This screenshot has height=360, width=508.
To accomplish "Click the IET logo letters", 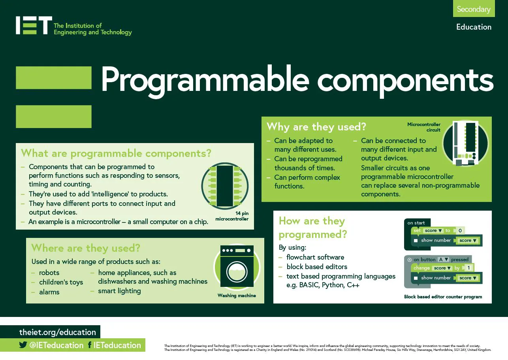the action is coord(34,25).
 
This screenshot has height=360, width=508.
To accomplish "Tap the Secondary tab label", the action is coord(474,9).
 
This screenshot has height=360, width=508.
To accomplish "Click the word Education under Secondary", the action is coord(474,27).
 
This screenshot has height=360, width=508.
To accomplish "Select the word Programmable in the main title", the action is coord(205,81).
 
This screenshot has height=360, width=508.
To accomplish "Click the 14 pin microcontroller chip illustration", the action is coord(225,186).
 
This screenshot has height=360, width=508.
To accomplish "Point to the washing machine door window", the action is coord(237,272).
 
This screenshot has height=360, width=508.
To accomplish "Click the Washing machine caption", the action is coord(237,295).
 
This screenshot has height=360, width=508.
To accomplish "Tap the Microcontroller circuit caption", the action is coord(423,127).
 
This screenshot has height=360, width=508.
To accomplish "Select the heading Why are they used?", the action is coord(316,126).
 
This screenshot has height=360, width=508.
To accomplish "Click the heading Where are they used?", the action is coord(86,248).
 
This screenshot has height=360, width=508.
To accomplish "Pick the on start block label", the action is coord(416,223).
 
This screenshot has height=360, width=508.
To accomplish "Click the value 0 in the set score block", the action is coord(460,230).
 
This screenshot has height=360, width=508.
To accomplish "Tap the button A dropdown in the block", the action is coord(443,259).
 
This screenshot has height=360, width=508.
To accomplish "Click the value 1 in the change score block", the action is coord(469,268).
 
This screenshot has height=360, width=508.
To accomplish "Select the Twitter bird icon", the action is coord(23,345).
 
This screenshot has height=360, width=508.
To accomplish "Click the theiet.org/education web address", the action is coord(58,332).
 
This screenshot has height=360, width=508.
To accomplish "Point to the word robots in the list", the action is coord(49,272).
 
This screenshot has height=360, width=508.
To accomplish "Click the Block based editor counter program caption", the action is coord(443,297).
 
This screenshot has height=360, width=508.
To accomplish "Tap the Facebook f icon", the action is coord(90,345).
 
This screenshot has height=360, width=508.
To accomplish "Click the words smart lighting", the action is coord(119,291).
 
